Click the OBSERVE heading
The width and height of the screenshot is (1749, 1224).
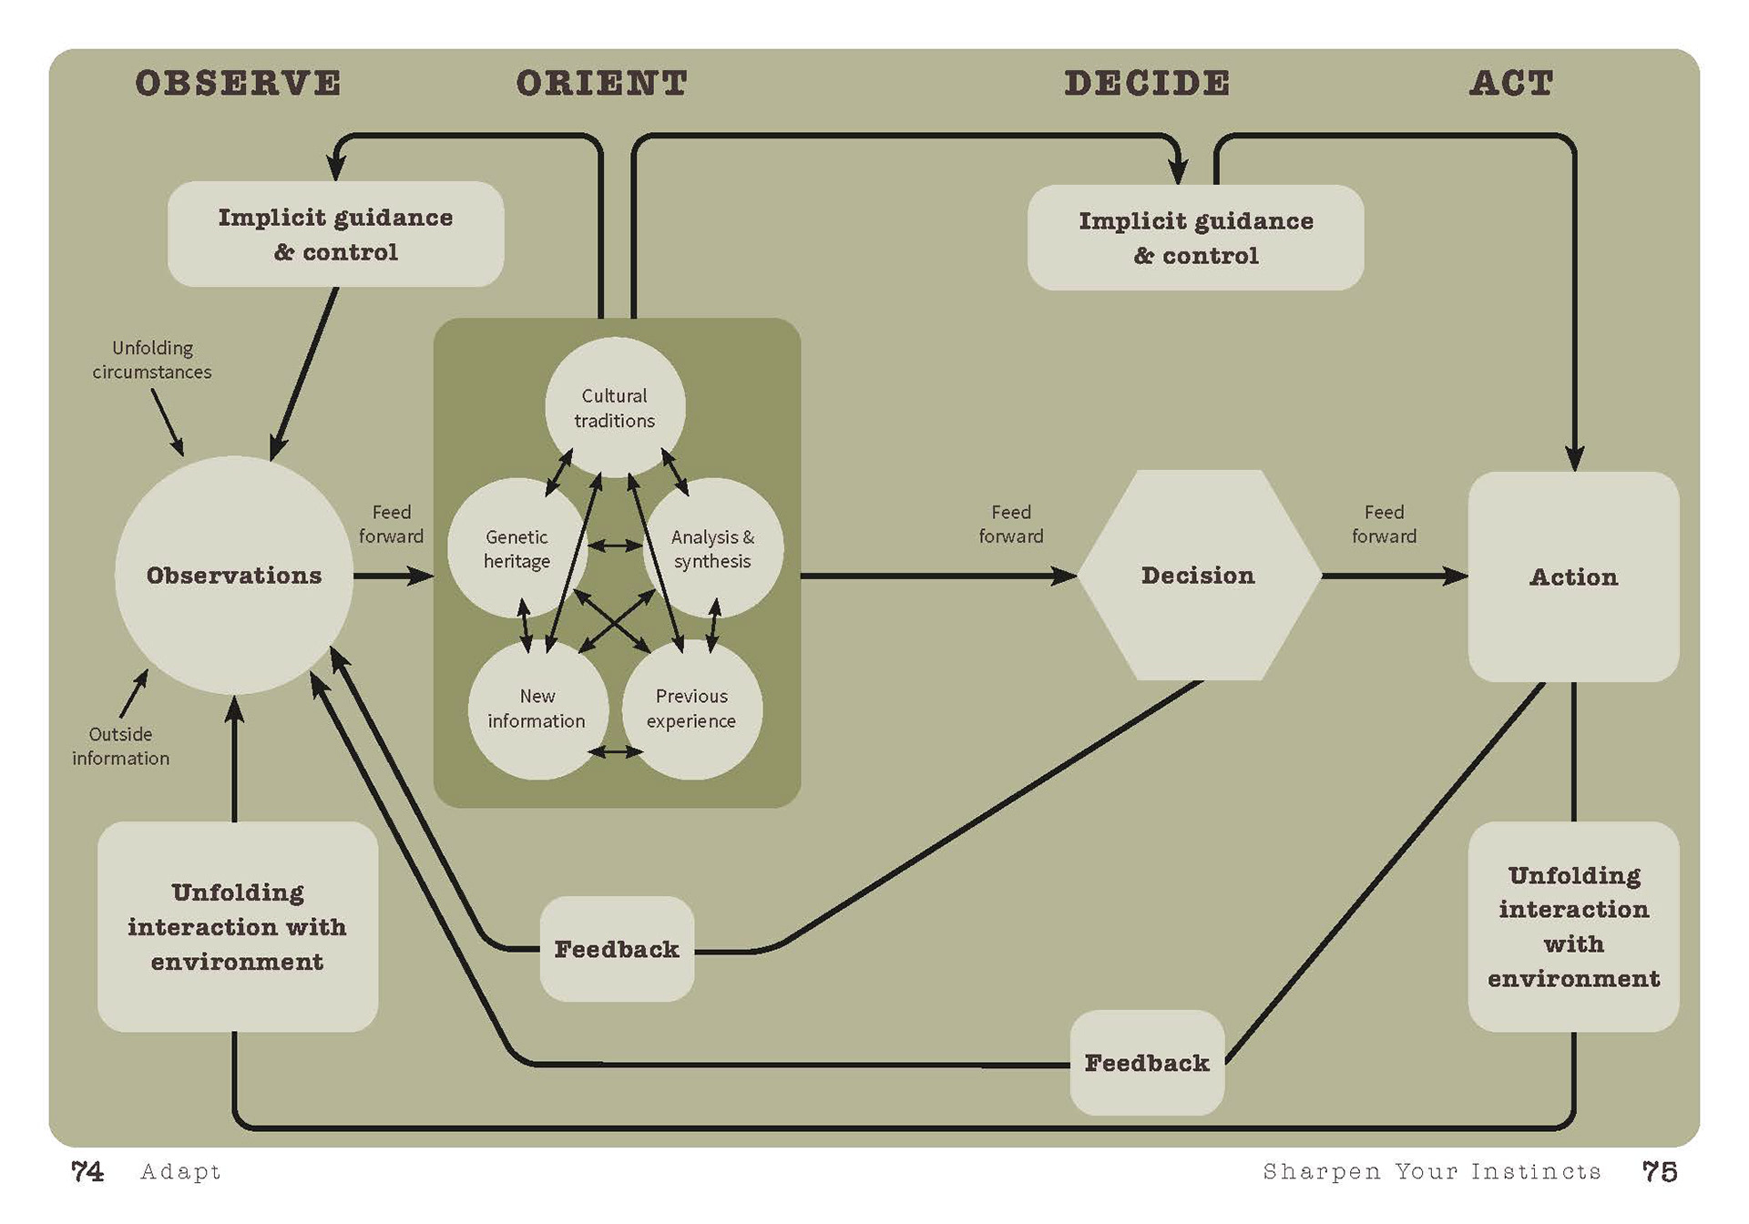[239, 84]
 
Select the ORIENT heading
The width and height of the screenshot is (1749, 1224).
[601, 84]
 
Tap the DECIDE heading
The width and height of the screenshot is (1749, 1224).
[1147, 84]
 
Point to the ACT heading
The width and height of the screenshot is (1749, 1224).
[1511, 84]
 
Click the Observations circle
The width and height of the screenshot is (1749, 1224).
[234, 576]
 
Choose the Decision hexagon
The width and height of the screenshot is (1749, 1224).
[1198, 576]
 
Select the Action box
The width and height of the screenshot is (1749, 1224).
[1573, 576]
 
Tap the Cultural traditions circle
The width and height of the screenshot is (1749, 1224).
[615, 407]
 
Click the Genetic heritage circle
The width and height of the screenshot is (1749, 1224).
[516, 548]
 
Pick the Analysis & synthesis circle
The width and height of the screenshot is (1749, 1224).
[713, 548]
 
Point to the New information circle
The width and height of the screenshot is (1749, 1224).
[537, 709]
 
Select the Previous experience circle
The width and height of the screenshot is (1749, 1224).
[691, 709]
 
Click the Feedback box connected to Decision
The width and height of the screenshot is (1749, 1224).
[617, 949]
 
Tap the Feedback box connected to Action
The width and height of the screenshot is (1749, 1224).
[1147, 1063]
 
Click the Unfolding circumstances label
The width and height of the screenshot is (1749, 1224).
[152, 360]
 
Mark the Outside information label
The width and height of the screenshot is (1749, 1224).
[120, 746]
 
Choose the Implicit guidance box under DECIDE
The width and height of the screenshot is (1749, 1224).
[1195, 238]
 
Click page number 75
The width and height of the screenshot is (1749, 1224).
[1659, 1172]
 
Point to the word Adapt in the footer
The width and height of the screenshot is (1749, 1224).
[180, 1172]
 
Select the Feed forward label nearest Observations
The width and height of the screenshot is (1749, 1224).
[391, 524]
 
